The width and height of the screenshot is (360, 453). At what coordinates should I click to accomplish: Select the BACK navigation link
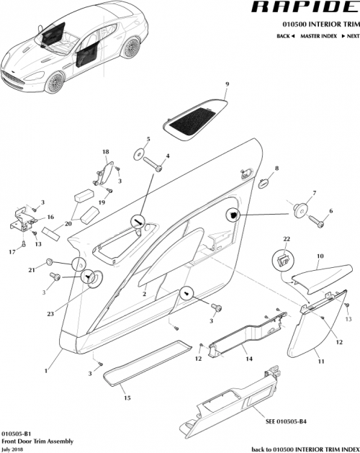(x=285, y=35)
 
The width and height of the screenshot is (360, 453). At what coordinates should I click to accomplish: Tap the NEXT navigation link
(x=348, y=35)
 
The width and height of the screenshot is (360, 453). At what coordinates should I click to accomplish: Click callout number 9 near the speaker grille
(x=226, y=85)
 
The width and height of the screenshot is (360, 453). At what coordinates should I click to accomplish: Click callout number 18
(x=105, y=152)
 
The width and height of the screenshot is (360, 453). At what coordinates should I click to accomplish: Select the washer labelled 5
(x=135, y=154)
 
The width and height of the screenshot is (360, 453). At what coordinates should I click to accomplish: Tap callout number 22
(x=286, y=238)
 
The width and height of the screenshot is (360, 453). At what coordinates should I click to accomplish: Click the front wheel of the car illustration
(x=56, y=84)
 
